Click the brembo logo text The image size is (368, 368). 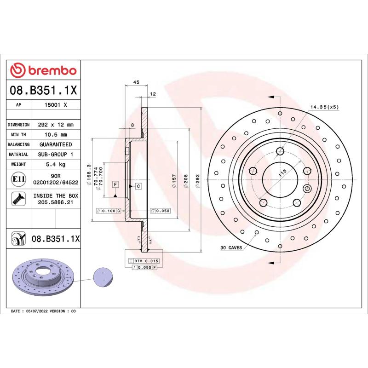pos(51,70)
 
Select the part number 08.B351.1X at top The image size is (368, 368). pos(44,90)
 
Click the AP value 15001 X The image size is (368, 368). pos(56,105)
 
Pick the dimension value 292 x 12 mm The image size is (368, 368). pos(56,125)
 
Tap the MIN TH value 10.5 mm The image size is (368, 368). pos(56,134)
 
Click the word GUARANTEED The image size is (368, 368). pos(56,144)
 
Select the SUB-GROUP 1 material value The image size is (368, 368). pos(56,155)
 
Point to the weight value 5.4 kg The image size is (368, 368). pos(56,164)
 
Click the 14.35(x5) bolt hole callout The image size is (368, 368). pos(324,107)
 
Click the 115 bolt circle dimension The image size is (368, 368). pos(282,174)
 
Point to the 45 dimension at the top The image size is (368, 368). pos(136,82)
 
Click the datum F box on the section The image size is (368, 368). pos(115,184)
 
